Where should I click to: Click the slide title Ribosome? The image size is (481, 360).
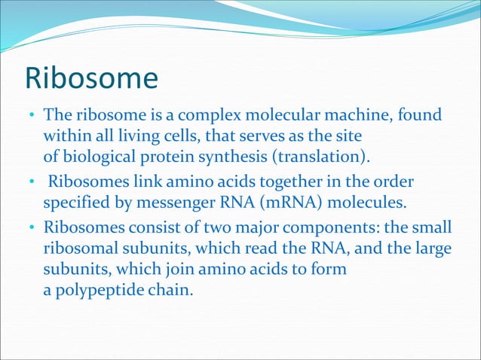91,79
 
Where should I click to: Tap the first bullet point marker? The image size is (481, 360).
32,117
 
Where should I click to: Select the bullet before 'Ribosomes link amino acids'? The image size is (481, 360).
32,184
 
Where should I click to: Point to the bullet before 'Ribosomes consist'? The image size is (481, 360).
32,227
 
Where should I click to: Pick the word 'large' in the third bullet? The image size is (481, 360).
435,248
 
